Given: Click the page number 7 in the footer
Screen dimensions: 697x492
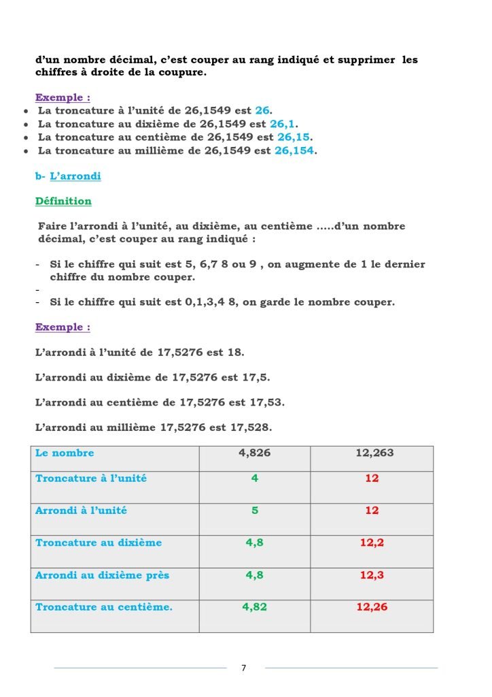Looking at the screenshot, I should tap(244, 668).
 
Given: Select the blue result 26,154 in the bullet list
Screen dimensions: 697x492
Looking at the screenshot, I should tap(294, 150).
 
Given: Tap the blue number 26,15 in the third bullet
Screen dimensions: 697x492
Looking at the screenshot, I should tap(293, 137).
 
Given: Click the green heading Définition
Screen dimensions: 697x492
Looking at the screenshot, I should tap(63, 201).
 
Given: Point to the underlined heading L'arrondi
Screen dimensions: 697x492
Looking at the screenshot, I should tap(75, 176).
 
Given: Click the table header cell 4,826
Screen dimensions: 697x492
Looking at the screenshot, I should tap(254, 453).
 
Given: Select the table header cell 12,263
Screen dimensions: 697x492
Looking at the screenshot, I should tap(374, 453).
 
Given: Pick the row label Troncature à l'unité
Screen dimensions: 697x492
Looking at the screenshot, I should tap(91, 478).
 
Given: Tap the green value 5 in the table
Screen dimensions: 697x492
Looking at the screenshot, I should tap(254, 510).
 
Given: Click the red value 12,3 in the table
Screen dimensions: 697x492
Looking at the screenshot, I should tap(372, 575).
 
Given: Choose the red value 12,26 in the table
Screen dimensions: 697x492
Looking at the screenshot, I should tap(372, 606).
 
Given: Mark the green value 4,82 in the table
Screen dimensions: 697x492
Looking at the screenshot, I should tap(254, 606).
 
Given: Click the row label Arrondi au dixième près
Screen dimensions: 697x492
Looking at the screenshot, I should tap(102, 575).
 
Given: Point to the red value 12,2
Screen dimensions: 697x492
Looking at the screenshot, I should tap(372, 542).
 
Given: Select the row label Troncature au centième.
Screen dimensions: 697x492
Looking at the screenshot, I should tap(103, 606).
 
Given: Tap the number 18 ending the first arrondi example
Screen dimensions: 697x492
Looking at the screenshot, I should tap(236, 353).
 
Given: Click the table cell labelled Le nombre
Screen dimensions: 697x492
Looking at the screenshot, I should tap(65, 453).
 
